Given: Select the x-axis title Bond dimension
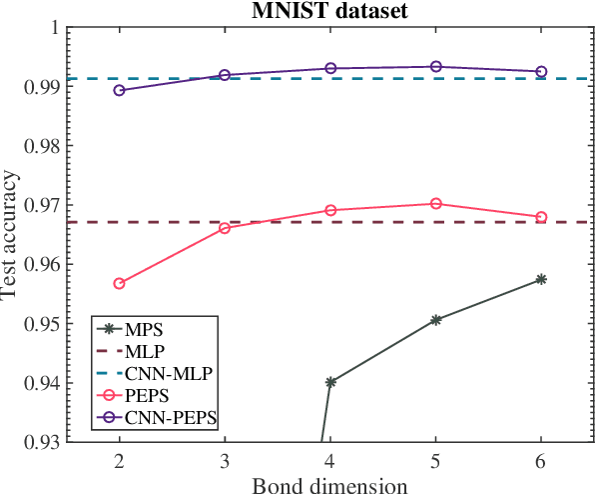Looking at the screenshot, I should [x=329, y=485].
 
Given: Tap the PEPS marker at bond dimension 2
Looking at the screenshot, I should [x=120, y=283].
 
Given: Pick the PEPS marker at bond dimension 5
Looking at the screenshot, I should [x=435, y=204].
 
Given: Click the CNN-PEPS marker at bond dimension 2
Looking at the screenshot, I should [x=120, y=90].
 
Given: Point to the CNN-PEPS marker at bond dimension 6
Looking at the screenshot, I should [x=541, y=72].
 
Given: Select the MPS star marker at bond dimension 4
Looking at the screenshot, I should [x=330, y=382].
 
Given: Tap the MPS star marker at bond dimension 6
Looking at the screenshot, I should [x=541, y=279].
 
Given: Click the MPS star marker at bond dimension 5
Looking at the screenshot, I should [x=435, y=320].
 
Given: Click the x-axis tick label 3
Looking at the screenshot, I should [x=225, y=462].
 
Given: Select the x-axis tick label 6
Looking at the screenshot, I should [x=541, y=462].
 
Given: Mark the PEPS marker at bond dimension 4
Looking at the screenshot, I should [x=330, y=211].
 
